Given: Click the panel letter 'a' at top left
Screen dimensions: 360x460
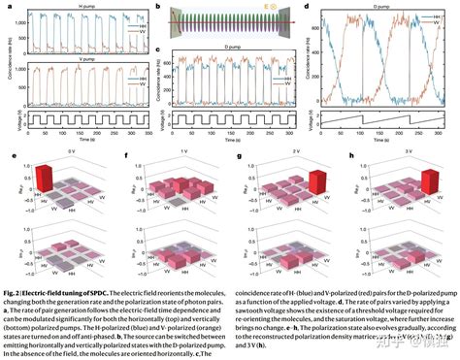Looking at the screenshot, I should point(5,7).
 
